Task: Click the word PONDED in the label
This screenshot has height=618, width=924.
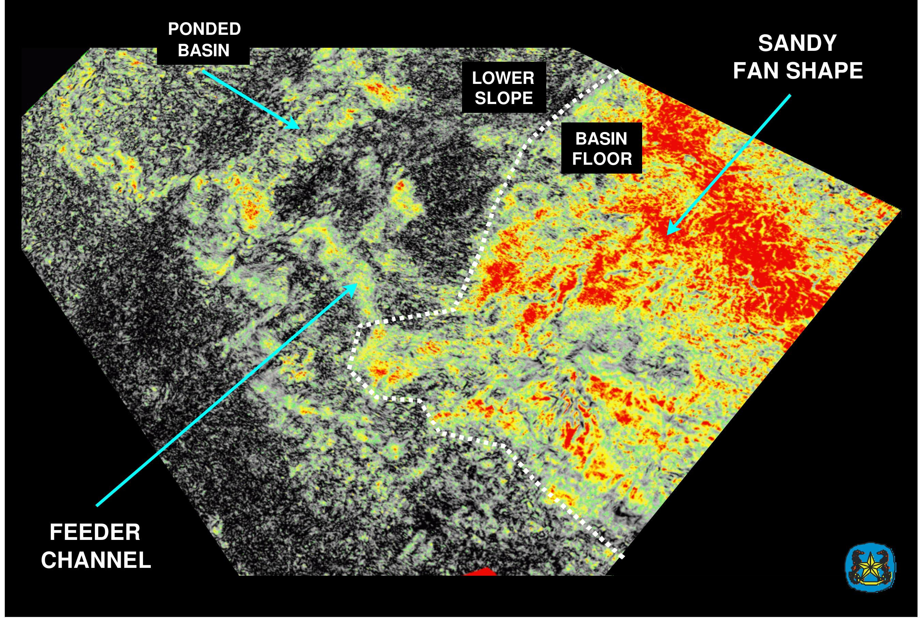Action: click(204, 29)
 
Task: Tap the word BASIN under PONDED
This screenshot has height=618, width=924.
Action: click(203, 50)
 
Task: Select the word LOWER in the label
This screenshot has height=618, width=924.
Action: click(503, 78)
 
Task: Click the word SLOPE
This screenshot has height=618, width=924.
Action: click(504, 98)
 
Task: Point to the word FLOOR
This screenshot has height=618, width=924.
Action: click(602, 159)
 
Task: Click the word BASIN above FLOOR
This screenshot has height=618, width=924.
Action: click(601, 139)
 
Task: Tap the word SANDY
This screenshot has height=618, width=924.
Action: click(797, 43)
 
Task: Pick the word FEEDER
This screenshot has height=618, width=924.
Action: click(95, 532)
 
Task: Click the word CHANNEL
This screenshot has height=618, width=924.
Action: click(96, 560)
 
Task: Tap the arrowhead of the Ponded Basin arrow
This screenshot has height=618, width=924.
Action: click(295, 124)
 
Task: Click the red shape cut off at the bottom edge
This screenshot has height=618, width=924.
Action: click(480, 572)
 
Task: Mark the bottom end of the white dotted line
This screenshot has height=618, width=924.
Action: click(622, 556)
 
